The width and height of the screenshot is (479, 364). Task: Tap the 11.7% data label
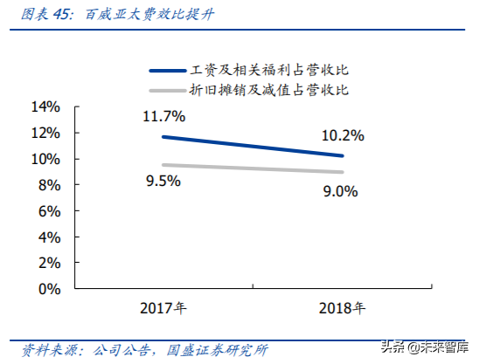[164, 116]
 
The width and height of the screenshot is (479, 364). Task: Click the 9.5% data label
[163, 181]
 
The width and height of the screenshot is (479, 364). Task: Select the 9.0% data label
[339, 192]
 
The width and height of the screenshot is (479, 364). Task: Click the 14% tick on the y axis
[44, 107]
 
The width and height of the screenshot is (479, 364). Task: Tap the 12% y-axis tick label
[44, 133]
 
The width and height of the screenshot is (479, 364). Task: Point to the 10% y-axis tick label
[44, 159]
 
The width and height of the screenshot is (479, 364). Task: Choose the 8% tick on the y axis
[47, 185]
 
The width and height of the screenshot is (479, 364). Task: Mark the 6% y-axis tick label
[47, 210]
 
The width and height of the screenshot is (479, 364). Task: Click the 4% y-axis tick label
[47, 237]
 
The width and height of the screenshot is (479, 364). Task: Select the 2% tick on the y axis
[47, 262]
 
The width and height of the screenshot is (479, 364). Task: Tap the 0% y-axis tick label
[47, 288]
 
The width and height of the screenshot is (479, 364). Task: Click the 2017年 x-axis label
[163, 308]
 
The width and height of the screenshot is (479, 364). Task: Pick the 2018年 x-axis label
[340, 308]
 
